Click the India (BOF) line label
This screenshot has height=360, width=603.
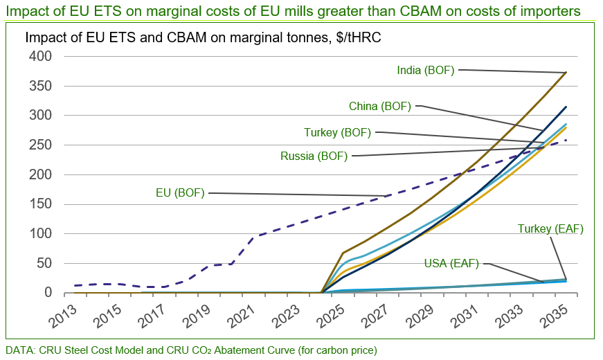click(x=426, y=70)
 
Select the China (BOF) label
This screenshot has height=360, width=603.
click(x=380, y=106)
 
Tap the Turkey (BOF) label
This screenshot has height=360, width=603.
click(x=337, y=132)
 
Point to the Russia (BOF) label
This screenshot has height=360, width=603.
click(x=314, y=156)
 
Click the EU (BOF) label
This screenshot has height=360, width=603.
click(x=180, y=193)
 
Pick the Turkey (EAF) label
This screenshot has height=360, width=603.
click(x=550, y=229)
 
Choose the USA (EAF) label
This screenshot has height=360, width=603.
click(x=451, y=263)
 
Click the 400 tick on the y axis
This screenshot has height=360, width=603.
click(x=44, y=57)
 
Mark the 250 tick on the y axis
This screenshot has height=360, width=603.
click(x=44, y=145)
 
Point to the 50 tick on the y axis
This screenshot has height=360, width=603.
click(x=47, y=264)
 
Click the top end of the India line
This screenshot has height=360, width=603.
click(x=566, y=72)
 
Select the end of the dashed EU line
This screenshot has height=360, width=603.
click(x=566, y=141)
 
